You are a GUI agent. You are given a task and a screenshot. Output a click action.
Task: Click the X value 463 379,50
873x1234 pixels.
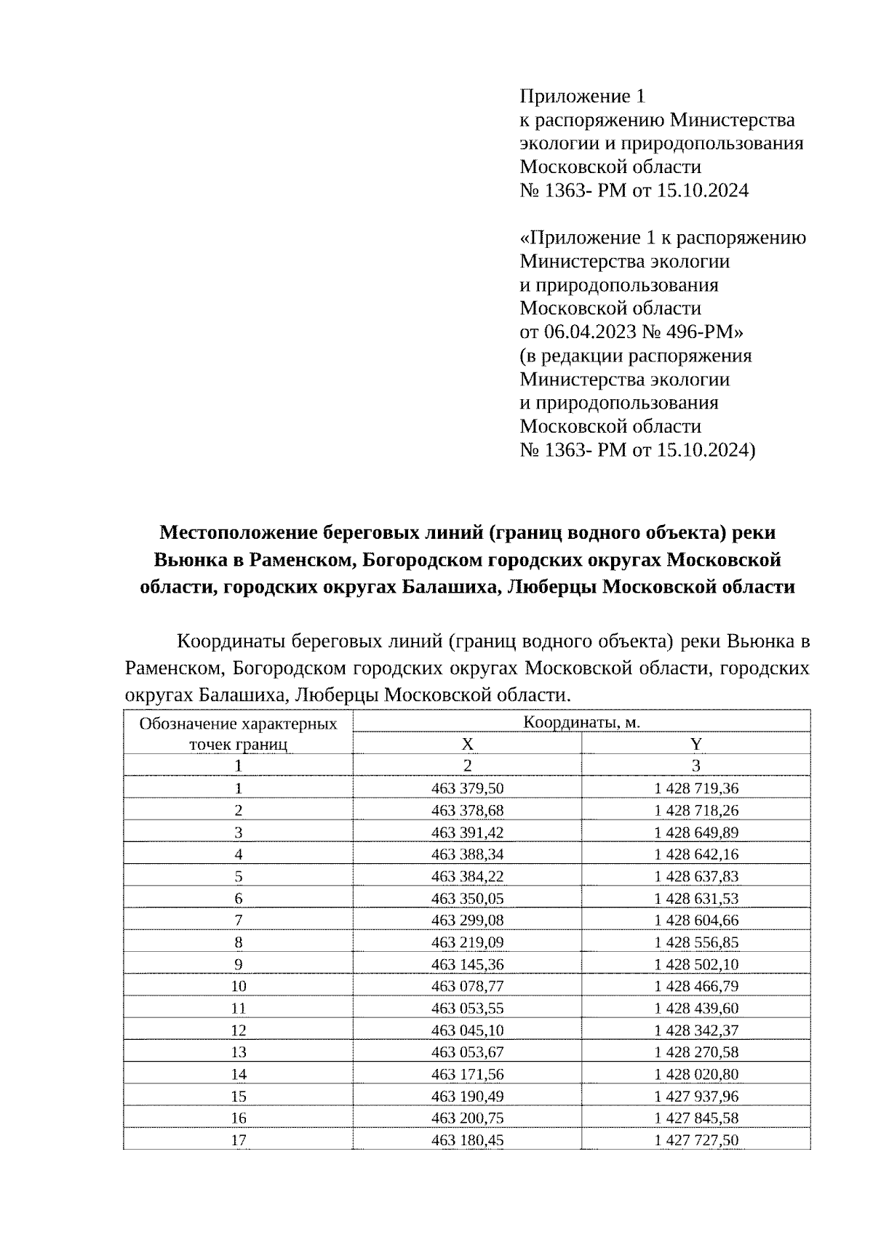coord(467,788)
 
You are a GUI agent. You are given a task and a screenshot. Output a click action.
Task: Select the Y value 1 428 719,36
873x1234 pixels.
coord(696,788)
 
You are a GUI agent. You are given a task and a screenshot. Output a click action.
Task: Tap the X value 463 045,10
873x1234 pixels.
coord(467,1030)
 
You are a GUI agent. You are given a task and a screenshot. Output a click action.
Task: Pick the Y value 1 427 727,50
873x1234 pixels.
coord(696,1140)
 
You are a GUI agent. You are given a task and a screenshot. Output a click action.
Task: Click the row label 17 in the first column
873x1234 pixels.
coord(238,1140)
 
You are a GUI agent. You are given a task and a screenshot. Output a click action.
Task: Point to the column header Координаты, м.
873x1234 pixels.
coord(581,722)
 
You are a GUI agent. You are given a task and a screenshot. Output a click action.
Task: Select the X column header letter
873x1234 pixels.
coord(467,744)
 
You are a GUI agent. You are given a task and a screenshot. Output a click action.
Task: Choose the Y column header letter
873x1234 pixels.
coord(696,744)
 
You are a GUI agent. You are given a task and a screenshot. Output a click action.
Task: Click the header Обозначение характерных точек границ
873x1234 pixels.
coord(238,734)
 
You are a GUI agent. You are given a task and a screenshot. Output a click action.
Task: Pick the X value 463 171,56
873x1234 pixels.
coord(467,1074)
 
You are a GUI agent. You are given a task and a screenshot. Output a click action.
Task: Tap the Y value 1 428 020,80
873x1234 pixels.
coord(696,1074)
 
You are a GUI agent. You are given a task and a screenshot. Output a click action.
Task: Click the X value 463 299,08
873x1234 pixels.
coord(467,920)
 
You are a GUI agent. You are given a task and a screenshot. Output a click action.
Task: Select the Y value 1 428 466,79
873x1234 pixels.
coord(696,986)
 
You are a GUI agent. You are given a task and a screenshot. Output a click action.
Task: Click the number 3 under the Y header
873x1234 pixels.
coord(696,766)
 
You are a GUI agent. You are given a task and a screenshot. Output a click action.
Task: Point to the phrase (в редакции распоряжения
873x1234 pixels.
coord(636,356)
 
